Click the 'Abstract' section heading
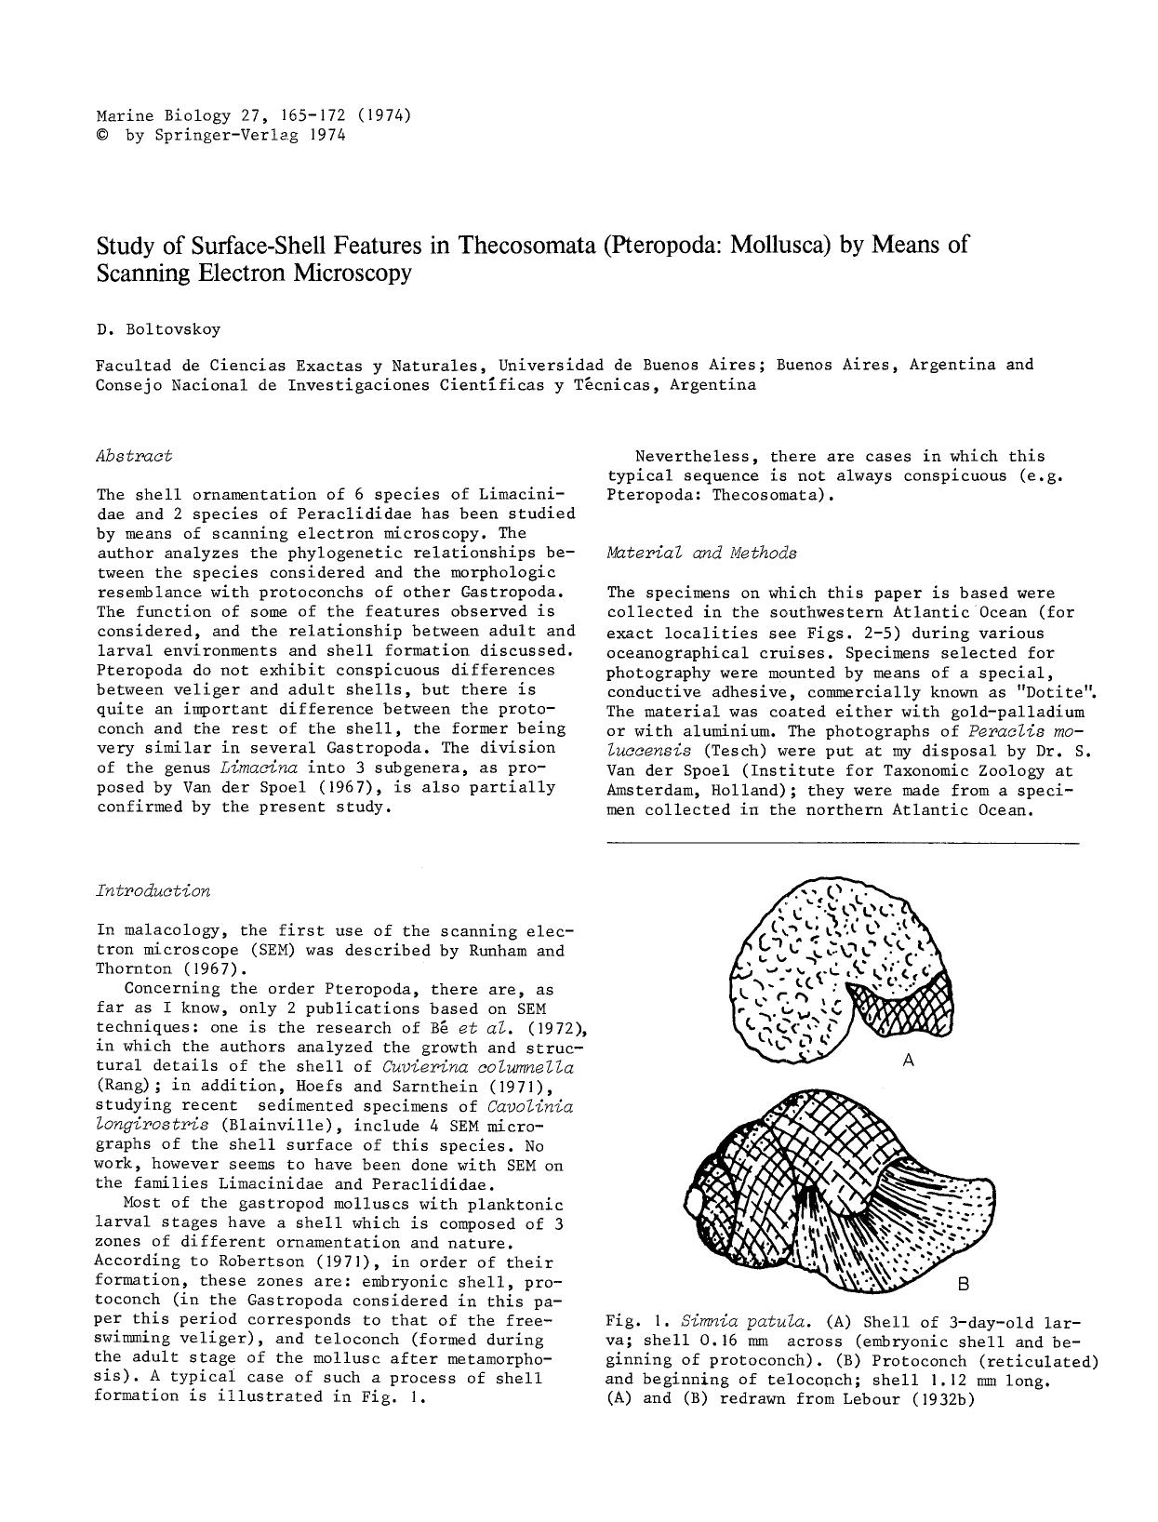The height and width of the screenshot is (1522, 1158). [134, 456]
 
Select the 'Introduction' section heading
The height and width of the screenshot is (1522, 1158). [153, 890]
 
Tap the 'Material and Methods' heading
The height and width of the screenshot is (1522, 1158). [701, 553]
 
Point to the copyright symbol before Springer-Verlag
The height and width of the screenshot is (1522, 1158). [101, 136]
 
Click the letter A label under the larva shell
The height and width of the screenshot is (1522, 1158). [909, 1060]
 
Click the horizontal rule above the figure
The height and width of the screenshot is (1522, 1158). [843, 843]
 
